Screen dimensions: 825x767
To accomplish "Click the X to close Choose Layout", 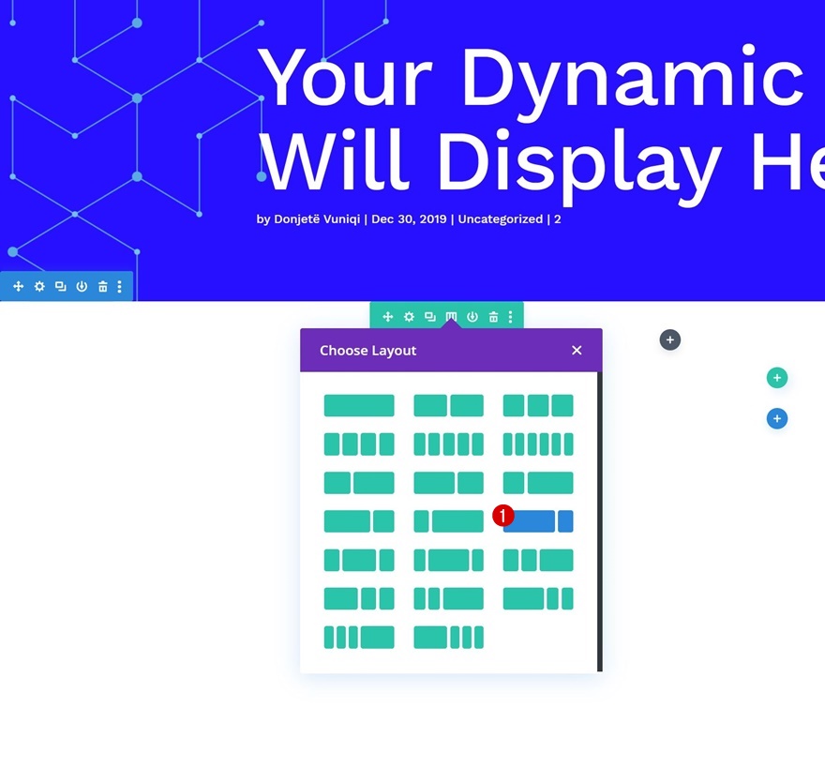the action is pos(577,351).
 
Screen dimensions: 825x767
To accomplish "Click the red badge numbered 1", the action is pos(503,516).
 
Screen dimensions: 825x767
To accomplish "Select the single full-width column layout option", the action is pos(359,406).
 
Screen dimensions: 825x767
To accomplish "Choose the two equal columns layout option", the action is pos(448,406).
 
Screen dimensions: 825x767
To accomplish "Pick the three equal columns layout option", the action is pos(538,406).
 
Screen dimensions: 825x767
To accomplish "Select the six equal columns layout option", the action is pos(538,444).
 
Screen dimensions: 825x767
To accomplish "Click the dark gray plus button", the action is pos(669,339).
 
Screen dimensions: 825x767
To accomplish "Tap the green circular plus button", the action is pos(776,378).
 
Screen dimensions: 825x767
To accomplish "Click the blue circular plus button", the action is pos(776,419).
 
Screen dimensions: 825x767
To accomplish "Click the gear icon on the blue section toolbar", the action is pos(39,286).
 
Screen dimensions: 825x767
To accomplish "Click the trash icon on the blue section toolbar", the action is pos(102,286).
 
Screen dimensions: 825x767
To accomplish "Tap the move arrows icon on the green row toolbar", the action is pos(388,317).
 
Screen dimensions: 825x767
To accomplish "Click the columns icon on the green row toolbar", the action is pos(451,317).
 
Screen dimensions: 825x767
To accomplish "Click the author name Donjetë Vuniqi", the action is pos(317,219).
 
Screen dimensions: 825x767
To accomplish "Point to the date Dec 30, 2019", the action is pos(409,219).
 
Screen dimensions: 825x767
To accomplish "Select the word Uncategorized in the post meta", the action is pos(501,219).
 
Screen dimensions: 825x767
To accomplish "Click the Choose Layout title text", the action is pos(367,351).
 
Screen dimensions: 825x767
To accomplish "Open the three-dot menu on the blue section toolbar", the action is pos(119,286).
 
